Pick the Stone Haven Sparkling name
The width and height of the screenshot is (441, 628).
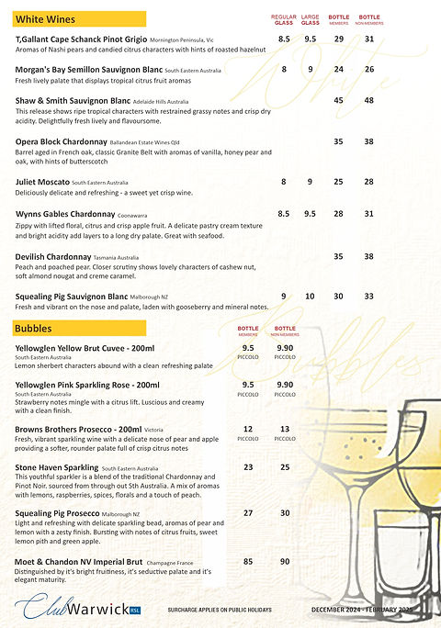click(x=57, y=467)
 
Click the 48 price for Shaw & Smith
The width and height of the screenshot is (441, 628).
click(x=368, y=100)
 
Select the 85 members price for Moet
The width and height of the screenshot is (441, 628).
click(x=248, y=560)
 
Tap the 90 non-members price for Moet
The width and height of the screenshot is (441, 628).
click(x=285, y=560)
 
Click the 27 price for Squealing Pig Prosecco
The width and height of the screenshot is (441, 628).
click(x=248, y=512)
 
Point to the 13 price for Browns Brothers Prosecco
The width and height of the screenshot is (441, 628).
click(x=285, y=429)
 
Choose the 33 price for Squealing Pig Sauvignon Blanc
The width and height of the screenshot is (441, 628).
click(x=368, y=296)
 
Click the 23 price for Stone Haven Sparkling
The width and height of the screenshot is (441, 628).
click(x=248, y=467)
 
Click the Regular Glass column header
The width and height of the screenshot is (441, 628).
click(x=284, y=19)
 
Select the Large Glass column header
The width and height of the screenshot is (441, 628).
click(x=311, y=19)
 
